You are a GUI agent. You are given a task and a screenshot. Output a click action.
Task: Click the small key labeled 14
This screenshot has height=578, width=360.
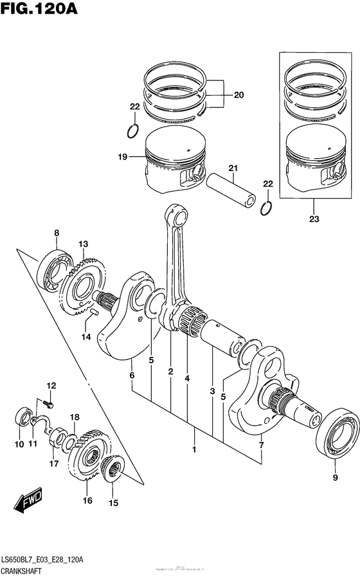pos(93,313)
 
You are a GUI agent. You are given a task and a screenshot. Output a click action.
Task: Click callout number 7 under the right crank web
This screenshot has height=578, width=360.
pos(262,445)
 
